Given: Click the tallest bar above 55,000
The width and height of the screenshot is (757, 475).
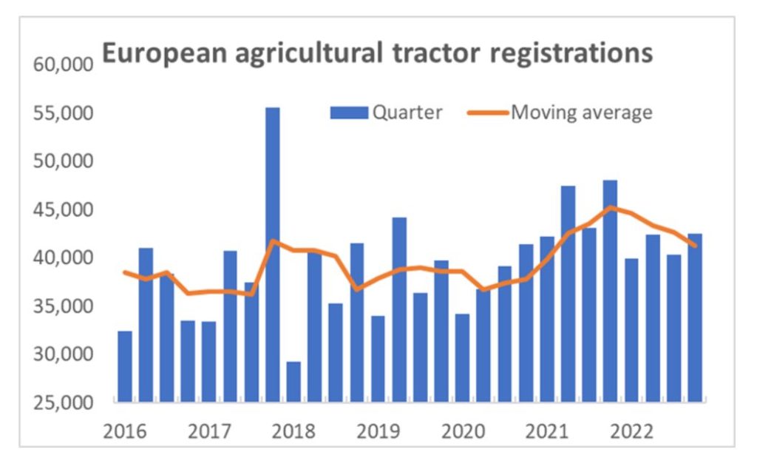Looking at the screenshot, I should coord(273,255).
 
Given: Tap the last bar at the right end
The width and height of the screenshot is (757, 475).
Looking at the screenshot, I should coord(695,318).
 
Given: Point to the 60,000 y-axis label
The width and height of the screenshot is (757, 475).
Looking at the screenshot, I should coord(64,65).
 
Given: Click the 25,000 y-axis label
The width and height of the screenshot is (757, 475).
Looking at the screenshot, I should coord(64,402).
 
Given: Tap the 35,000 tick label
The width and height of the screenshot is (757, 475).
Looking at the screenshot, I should coord(64,306).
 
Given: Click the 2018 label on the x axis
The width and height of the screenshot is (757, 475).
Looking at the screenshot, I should coord(293,431).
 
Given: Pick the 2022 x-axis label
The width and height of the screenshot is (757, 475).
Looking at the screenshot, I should coord(631,431).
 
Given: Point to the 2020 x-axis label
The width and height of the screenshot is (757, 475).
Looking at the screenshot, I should coord(462,431).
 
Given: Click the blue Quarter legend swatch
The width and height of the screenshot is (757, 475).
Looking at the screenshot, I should coord(348,112).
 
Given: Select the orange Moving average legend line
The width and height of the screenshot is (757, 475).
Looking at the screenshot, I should coord(488,112).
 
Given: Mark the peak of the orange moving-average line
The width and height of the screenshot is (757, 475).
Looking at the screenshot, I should coord(610,207).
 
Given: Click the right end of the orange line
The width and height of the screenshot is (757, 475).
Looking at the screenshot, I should coord(695,246).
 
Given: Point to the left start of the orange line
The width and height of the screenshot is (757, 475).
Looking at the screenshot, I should coord(125,272).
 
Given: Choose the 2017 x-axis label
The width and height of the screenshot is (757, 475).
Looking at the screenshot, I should coord(208,431).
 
